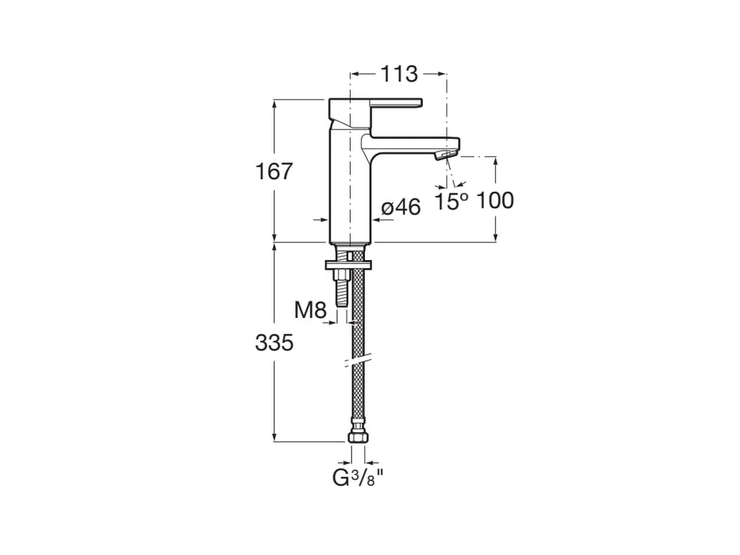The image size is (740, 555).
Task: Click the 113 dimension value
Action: [x=398, y=75]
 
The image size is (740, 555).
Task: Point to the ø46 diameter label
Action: [x=401, y=208]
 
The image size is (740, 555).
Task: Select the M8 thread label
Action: [x=311, y=311]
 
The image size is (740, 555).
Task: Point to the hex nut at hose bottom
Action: [x=357, y=436]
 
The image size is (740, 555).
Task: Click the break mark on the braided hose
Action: [x=357, y=362]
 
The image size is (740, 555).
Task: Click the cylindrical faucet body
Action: [x=349, y=190]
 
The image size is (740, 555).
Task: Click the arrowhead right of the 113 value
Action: [x=442, y=74]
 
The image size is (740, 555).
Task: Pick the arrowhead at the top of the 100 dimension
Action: [x=497, y=162]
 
